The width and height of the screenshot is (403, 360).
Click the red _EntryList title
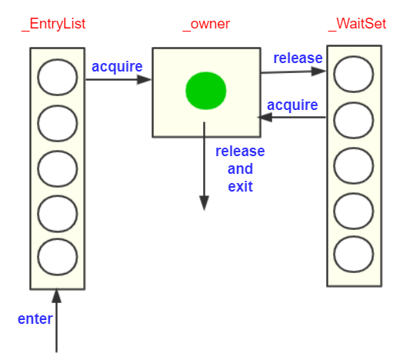tap(54, 25)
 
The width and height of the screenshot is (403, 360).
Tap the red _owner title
tap(206, 25)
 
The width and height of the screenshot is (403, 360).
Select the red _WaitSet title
tap(358, 25)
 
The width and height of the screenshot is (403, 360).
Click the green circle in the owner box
tap(206, 91)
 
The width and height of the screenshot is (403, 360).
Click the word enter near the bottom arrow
tap(35, 319)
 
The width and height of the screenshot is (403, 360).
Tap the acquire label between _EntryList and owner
tap(117, 68)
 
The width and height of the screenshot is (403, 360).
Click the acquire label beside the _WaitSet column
tap(292, 105)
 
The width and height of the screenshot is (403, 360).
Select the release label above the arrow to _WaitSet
tap(298, 58)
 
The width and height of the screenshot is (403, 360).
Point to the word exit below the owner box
tap(240, 187)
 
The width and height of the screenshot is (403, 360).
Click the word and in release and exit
tap(240, 169)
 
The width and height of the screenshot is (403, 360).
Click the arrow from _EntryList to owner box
tap(118, 79)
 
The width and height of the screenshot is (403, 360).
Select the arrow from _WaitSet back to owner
tap(291, 118)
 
